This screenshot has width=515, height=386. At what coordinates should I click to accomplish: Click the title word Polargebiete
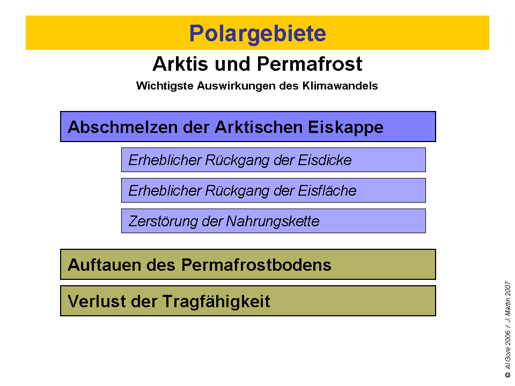click(257, 33)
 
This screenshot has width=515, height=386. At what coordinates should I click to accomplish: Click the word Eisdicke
click(325, 160)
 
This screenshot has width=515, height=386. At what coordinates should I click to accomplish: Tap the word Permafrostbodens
click(256, 265)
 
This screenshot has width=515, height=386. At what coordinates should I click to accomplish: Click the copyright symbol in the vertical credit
click(507, 376)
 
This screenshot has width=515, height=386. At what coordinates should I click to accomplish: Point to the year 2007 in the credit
click(507, 289)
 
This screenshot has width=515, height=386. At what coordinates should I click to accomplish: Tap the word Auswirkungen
click(226, 86)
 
